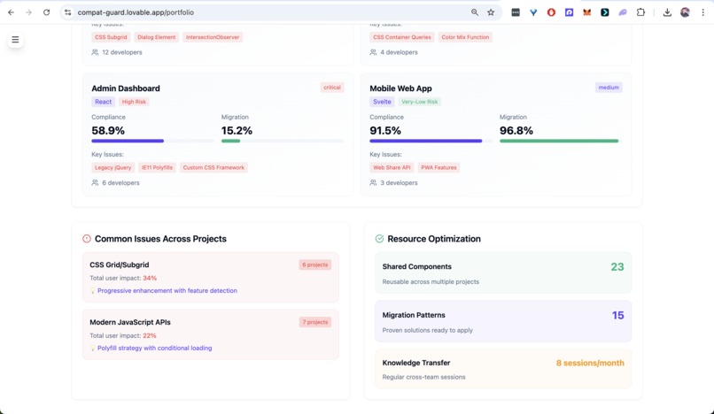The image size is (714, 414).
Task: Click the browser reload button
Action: click(46, 12)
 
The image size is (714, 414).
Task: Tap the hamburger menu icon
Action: click(15, 40)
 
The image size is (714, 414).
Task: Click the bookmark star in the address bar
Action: click(491, 12)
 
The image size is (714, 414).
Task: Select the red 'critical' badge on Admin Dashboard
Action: click(332, 88)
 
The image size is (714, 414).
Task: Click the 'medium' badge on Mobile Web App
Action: click(609, 88)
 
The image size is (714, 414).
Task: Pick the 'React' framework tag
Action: click(104, 102)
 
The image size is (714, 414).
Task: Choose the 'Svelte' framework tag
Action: click(382, 102)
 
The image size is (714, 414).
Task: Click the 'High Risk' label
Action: click(134, 102)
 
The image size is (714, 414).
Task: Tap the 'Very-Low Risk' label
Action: click(419, 102)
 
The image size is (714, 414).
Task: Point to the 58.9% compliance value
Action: click(108, 130)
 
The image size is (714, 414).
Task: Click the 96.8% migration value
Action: click(516, 130)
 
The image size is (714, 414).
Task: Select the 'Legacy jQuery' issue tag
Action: click(113, 167)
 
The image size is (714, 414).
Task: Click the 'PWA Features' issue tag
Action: click(438, 167)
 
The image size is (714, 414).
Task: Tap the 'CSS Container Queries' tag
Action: click(401, 37)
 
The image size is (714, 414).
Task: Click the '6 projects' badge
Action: click(314, 264)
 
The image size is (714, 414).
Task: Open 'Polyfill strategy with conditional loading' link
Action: click(154, 348)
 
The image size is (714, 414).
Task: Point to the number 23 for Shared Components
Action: click(617, 266)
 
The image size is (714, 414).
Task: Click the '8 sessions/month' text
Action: click(589, 363)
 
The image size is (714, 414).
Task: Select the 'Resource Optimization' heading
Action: click(433, 239)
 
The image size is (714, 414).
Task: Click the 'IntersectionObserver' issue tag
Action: click(213, 37)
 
